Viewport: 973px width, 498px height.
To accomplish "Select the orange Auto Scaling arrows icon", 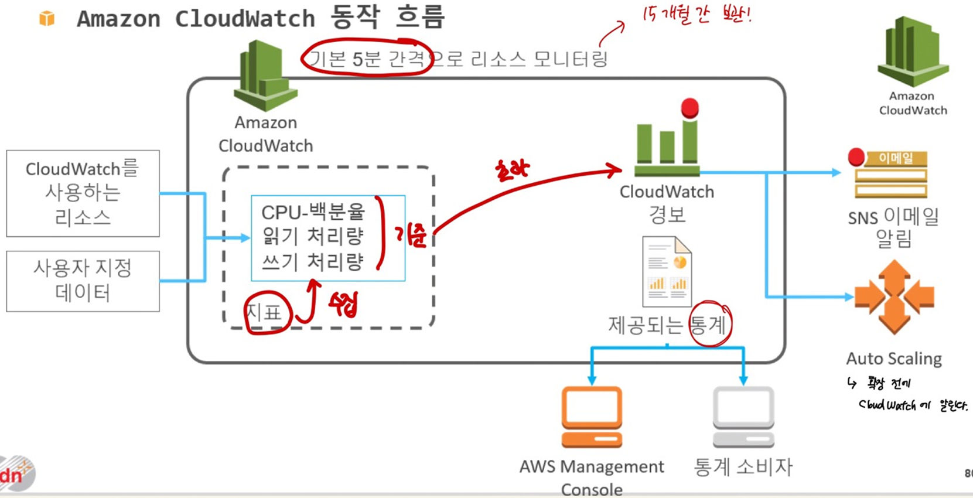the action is [894, 297].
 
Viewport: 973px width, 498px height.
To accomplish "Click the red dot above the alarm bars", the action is [690, 108].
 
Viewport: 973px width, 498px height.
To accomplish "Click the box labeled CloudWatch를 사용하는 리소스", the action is [83, 193].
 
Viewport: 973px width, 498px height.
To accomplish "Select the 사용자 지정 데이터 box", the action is [83, 281].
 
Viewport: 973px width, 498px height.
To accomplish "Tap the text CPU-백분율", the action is [313, 212].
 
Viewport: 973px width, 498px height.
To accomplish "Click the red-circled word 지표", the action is [264, 313].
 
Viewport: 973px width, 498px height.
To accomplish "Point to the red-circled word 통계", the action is [708, 324].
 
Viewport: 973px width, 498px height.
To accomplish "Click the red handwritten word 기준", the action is [411, 235].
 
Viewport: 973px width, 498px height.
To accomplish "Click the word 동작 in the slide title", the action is [355, 18].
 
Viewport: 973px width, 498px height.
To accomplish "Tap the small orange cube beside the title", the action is [47, 19].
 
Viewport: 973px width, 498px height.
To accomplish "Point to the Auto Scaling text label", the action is [894, 359].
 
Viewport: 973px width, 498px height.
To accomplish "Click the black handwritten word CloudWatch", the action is [887, 405].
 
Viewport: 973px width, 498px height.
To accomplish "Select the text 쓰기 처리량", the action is [313, 262].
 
